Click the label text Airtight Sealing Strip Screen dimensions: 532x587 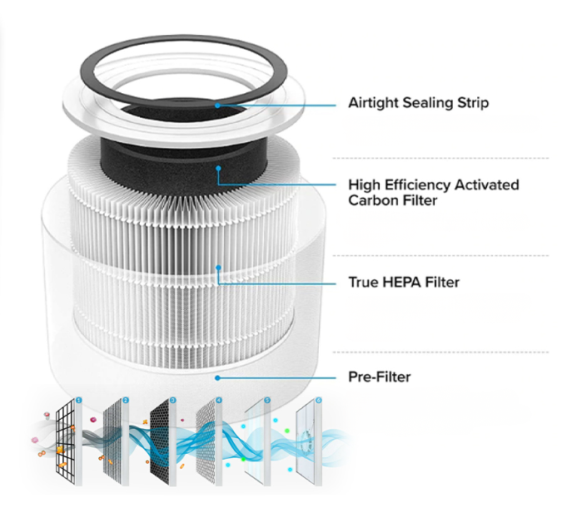coord(418,103)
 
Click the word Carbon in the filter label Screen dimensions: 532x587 coord(373,200)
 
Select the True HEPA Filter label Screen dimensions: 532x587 coord(404,283)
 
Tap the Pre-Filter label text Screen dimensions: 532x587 coord(379,377)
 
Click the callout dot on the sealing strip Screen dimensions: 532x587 coord(217,104)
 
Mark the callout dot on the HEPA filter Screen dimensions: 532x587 coord(218,268)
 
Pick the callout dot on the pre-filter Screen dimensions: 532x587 coord(218,377)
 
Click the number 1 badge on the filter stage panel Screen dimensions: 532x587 coord(79,401)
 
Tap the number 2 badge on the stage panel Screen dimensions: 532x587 coord(127,401)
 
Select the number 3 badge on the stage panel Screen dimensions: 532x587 coord(172,401)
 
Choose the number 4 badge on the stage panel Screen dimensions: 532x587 coord(219,401)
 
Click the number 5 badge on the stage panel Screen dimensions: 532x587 coord(267,401)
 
